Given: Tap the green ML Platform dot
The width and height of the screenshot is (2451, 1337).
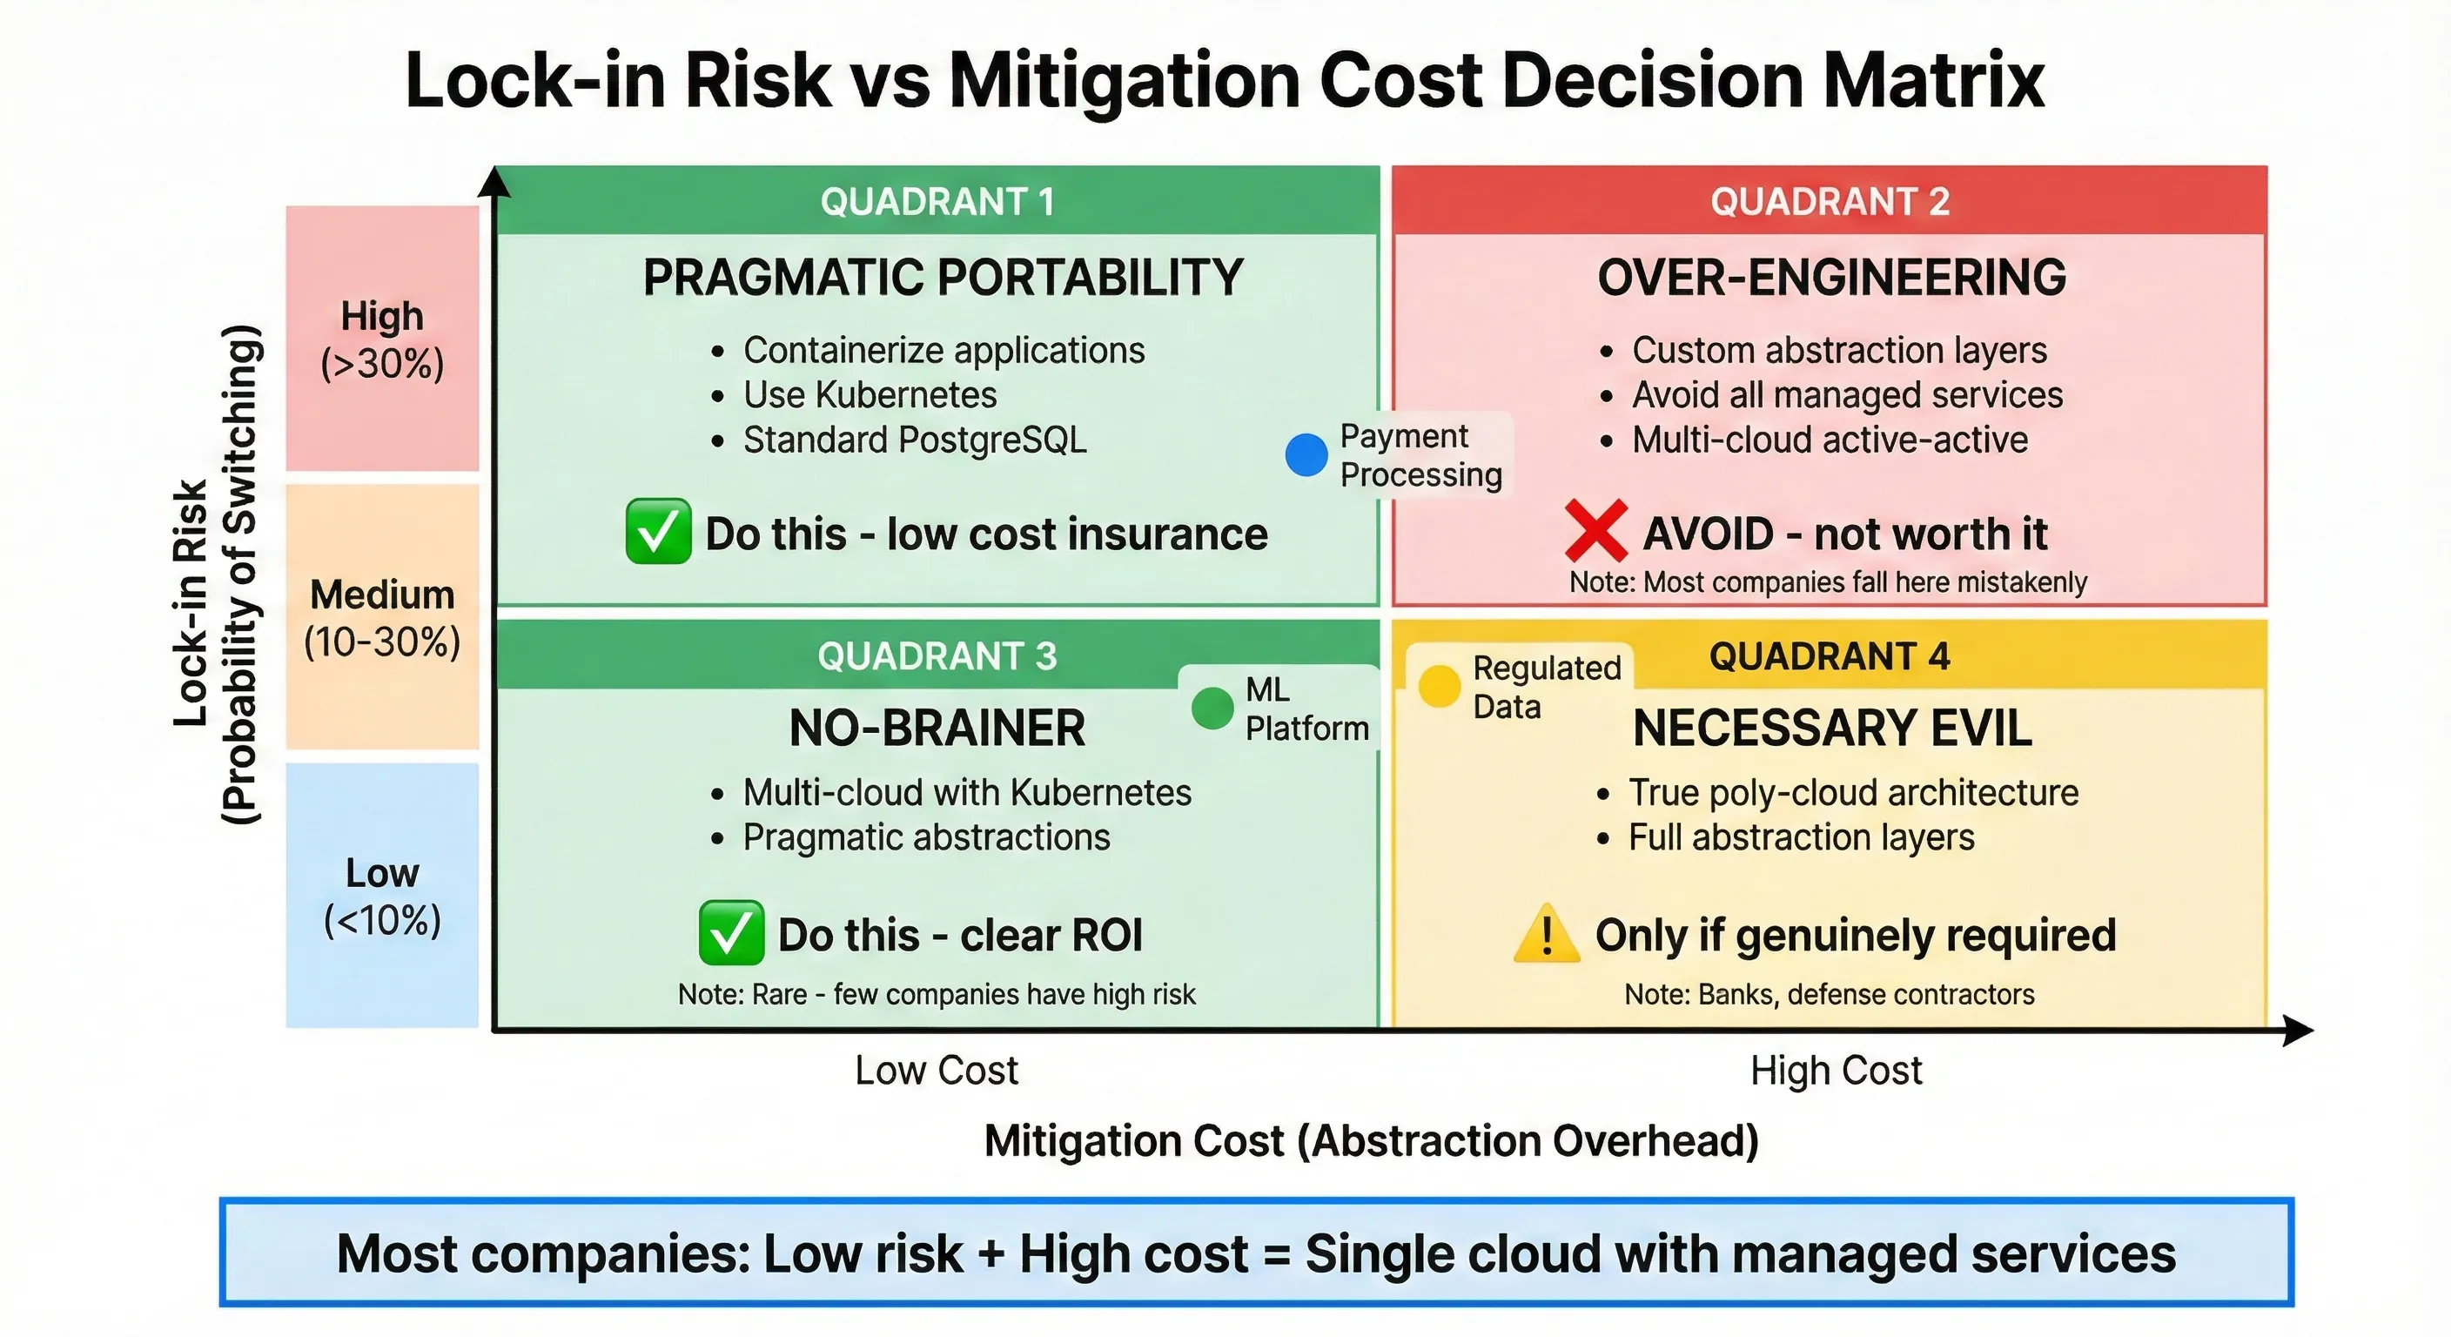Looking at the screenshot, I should [x=1212, y=708].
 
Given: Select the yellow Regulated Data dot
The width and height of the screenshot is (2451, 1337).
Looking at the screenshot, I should [x=1439, y=686].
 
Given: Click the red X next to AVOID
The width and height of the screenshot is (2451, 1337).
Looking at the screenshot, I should [x=1595, y=531].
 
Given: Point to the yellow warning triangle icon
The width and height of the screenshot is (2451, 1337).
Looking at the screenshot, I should [x=1546, y=933].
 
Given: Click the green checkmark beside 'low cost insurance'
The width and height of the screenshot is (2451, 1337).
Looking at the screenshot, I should [x=658, y=531].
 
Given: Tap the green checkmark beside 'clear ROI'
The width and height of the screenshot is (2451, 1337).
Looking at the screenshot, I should [x=731, y=932].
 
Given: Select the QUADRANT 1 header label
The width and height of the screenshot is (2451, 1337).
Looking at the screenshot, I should [x=937, y=202].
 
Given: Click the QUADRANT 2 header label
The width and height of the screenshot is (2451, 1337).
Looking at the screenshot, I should [x=1830, y=202].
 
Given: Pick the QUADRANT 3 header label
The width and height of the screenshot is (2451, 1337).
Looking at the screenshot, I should [x=937, y=655].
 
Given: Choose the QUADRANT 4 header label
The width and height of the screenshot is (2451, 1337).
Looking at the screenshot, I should [x=1829, y=655].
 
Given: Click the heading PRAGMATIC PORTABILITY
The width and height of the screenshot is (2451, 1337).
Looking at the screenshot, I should [x=943, y=278].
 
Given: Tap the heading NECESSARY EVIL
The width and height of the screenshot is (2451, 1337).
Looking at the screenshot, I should [x=1831, y=729].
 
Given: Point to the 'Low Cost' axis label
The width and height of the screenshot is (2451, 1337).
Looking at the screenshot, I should [x=937, y=1071].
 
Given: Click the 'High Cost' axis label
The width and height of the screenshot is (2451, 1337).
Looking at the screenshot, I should [x=1836, y=1071].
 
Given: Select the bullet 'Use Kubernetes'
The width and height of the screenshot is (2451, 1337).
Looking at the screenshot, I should [x=870, y=395].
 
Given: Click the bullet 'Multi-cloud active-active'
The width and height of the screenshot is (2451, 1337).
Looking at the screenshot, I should [x=1830, y=440].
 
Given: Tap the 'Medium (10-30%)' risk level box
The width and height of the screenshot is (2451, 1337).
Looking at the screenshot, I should [x=382, y=618].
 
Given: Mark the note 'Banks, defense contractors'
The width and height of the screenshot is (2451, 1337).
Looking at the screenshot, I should [x=1829, y=994].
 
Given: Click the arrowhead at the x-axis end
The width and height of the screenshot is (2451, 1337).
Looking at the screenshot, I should [x=2300, y=1030].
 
